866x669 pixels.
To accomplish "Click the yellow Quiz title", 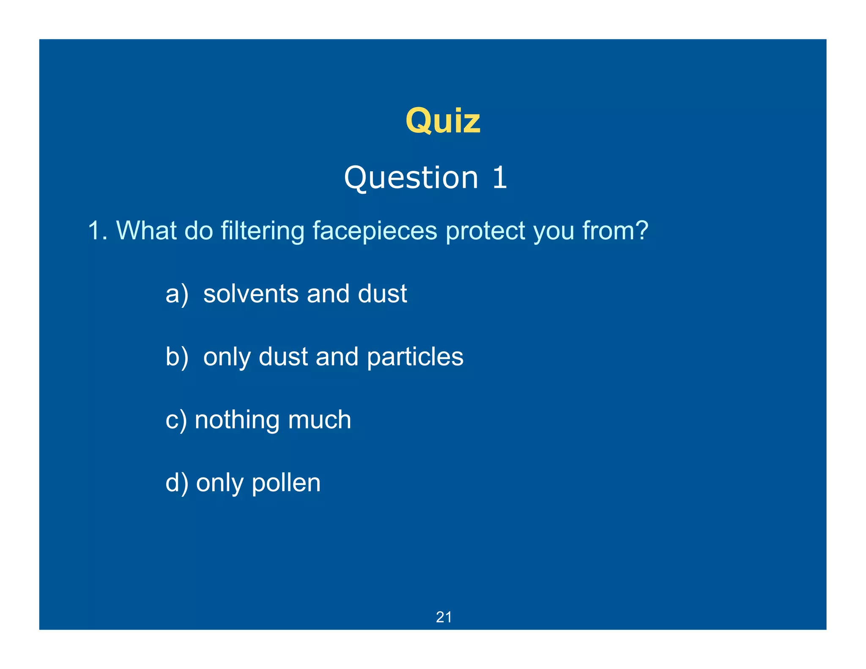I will pos(443,121).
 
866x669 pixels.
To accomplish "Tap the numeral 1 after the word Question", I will pos(499,178).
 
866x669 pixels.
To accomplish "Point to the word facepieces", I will pos(375,232).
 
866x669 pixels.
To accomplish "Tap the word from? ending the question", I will pos(615,231).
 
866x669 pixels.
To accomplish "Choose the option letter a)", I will pos(177,294).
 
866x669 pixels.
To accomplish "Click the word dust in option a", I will pos(382,294).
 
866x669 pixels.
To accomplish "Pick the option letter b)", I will pos(177,356).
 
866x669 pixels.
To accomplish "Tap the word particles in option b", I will pos(415,357).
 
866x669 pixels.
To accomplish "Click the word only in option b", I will pos(227,357).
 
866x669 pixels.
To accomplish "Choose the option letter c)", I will pos(176,420).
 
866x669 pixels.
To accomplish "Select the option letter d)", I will pos(177,483).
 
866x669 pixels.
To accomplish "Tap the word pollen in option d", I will pos(286,483).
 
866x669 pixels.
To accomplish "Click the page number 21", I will pos(444,617).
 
